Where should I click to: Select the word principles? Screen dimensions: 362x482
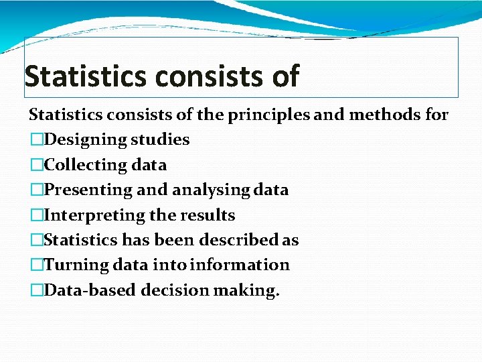[269, 115]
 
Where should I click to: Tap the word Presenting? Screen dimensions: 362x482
[88, 190]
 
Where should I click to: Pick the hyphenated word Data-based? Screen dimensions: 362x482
[86, 290]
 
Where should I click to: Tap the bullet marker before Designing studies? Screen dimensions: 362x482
[36, 140]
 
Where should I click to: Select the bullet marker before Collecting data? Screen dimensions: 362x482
[36, 165]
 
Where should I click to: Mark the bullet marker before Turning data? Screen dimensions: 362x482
[36, 265]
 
